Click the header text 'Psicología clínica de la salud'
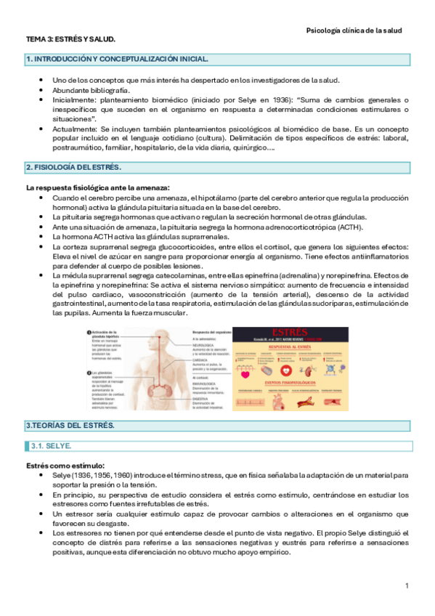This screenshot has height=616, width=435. click(353, 31)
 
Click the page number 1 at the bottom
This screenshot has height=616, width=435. click(407, 585)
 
